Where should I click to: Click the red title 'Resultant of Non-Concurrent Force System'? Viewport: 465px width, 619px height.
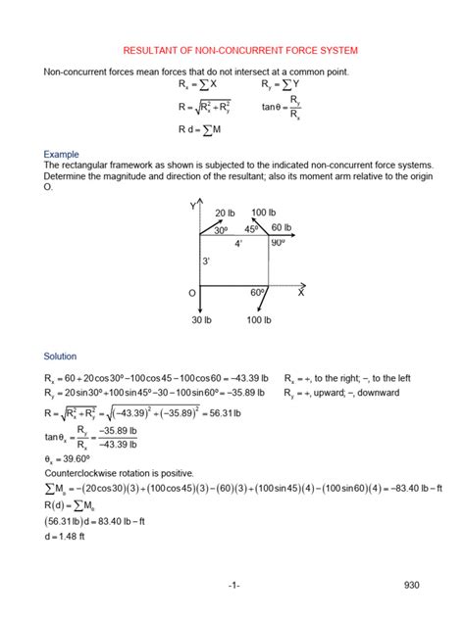click(232, 49)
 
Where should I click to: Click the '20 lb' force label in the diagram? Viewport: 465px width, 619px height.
click(226, 214)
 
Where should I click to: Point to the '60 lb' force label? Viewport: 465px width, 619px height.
click(283, 227)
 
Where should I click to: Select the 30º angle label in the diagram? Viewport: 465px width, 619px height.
click(221, 230)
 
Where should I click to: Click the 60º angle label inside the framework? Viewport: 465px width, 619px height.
click(258, 293)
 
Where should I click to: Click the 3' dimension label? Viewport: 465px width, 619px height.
click(206, 262)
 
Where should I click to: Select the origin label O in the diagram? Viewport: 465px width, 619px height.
click(192, 293)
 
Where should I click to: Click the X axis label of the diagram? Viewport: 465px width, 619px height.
click(301, 293)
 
